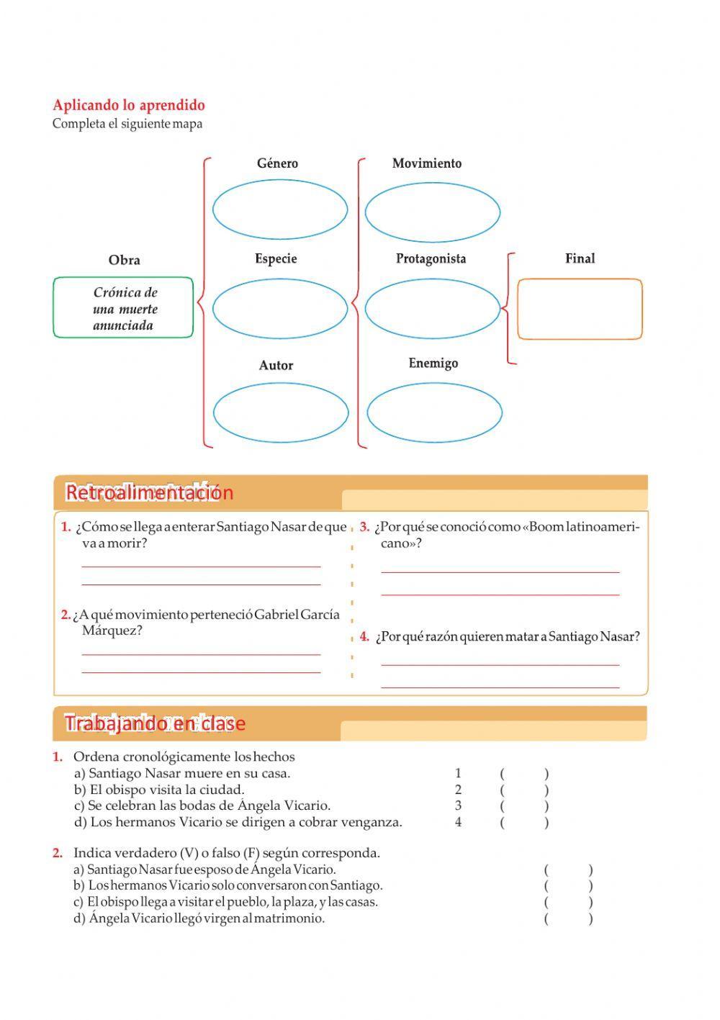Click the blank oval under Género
[280, 210]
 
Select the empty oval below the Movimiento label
[432, 212]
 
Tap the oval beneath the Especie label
[280, 307]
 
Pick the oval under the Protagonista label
[432, 308]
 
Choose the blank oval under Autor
[281, 412]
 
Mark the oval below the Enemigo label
[434, 412]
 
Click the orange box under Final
[580, 309]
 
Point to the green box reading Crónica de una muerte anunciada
[123, 308]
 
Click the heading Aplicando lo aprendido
[129, 105]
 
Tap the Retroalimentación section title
[150, 493]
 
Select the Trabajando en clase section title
[155, 723]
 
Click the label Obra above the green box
[124, 260]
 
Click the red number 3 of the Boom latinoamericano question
[364, 527]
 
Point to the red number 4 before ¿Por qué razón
[364, 636]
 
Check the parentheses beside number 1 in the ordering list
[524, 774]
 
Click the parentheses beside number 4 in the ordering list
[524, 822]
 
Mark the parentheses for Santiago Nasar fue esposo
[568, 870]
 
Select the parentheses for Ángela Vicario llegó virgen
[568, 918]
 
